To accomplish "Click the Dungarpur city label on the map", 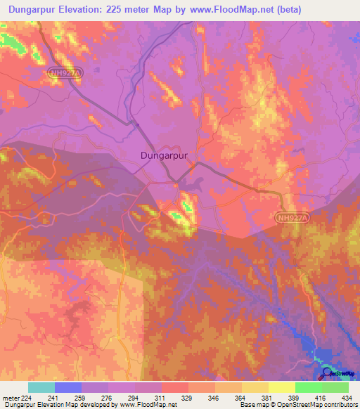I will tap(164, 156).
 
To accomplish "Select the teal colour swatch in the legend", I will tap(41, 387).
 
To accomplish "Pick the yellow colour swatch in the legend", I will tap(281, 387).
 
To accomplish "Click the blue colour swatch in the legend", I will tap(68, 387).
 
